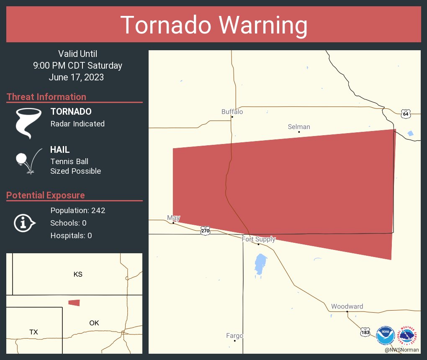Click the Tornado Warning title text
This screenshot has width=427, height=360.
coord(213,25)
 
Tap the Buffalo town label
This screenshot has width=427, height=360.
coord(232,112)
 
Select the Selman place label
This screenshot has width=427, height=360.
coord(299,127)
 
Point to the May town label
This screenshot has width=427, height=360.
coord(173,218)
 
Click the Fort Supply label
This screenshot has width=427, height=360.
coord(258,239)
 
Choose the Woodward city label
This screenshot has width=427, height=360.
coord(347,306)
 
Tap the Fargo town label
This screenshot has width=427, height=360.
coord(234,336)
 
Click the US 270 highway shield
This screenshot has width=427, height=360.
coord(205,231)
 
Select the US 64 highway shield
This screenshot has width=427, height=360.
coord(405,114)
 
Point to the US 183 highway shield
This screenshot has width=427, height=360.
coord(365,332)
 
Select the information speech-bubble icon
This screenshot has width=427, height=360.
coord(24,223)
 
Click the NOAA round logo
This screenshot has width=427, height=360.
coord(385,336)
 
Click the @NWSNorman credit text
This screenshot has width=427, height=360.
coord(402,350)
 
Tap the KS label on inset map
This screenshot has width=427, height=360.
coord(78,275)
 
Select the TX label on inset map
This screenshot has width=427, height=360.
coord(33,332)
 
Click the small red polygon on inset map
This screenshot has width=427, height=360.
coord(74,303)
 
